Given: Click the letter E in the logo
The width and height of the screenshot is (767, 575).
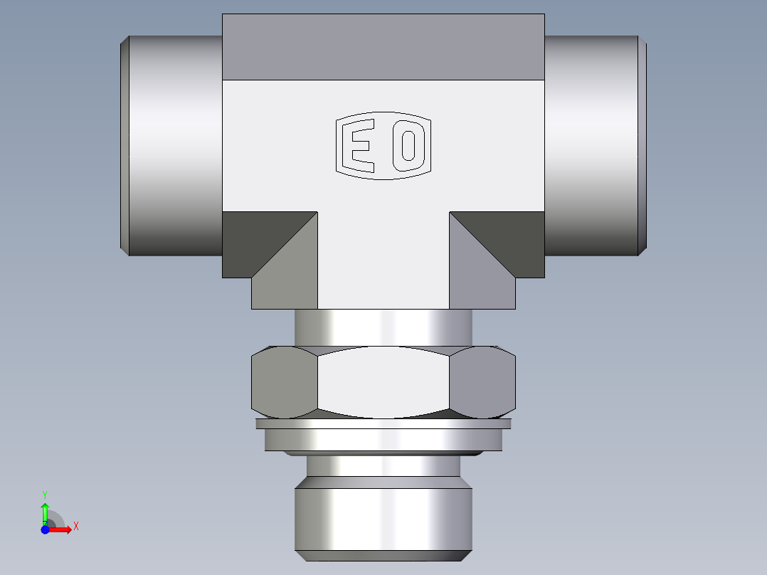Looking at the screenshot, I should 358,147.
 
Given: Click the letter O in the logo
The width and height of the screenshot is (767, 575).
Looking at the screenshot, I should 408,146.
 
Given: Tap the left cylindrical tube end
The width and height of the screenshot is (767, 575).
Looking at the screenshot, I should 171,146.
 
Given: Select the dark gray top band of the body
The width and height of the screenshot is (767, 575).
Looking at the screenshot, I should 383,47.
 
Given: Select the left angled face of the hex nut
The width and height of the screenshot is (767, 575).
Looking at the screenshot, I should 283,382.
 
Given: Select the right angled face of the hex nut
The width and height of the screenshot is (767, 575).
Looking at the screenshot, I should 482,382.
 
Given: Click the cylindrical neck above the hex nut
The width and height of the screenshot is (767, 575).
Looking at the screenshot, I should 383,327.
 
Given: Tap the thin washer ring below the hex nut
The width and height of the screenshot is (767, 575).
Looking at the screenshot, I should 383,424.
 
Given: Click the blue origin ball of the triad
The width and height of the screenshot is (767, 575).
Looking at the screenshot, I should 45,529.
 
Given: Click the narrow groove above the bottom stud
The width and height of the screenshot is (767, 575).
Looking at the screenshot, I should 383,465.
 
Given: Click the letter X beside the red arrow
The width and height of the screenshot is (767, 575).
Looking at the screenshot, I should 75,527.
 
